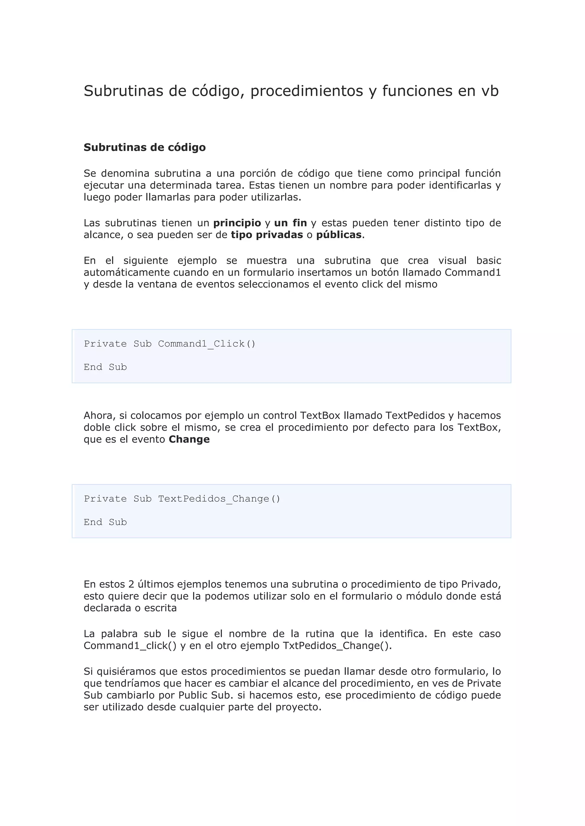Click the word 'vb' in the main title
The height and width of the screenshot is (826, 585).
click(x=490, y=91)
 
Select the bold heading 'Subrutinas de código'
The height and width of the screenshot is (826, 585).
click(x=145, y=147)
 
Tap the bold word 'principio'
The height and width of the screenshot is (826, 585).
click(x=237, y=223)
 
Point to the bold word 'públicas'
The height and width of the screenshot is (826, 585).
click(x=338, y=235)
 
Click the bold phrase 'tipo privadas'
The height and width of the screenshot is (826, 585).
click(x=267, y=235)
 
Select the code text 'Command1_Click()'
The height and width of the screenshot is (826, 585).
click(x=207, y=344)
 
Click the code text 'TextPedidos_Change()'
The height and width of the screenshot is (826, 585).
click(x=219, y=499)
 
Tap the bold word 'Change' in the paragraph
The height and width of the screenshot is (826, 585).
click(x=189, y=440)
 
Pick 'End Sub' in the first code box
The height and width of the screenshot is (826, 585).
click(x=105, y=367)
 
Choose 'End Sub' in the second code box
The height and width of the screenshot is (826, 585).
click(x=105, y=522)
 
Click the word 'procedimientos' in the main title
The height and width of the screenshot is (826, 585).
click(x=306, y=91)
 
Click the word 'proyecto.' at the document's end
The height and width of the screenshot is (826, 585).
click(x=298, y=707)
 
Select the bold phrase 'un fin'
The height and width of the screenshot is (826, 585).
click(x=290, y=223)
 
